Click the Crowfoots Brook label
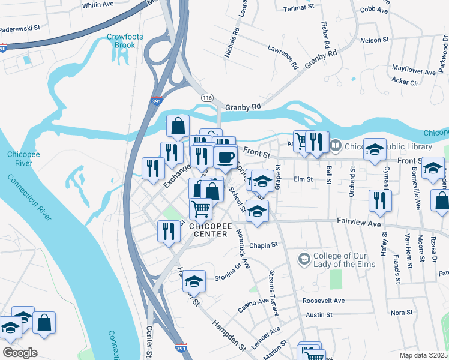point(125,41)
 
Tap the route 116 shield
point(208,97)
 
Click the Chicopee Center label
point(208,230)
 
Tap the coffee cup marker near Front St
point(225,157)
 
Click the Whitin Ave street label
point(98,5)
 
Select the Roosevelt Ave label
point(324,301)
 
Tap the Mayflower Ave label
point(414,71)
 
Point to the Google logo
point(19,353)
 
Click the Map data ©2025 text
point(422,355)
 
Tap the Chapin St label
point(264,245)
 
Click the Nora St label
point(402,313)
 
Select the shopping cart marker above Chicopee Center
point(201,209)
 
